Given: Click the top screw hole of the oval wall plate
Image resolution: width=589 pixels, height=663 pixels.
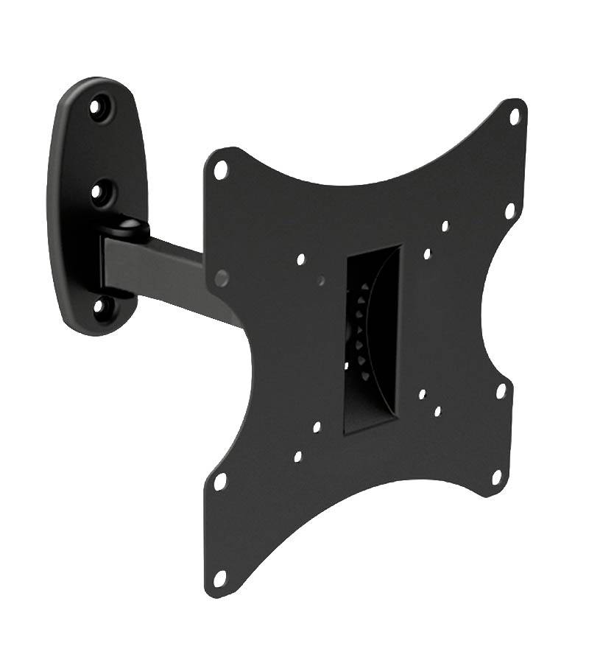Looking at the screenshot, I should pyautogui.click(x=96, y=108).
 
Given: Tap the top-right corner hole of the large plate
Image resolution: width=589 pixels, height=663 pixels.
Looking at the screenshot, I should pyautogui.click(x=515, y=116).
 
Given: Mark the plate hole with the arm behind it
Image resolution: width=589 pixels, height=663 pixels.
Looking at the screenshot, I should pyautogui.click(x=222, y=278).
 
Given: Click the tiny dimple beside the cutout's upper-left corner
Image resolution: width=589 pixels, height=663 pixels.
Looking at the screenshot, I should pyautogui.click(x=322, y=280).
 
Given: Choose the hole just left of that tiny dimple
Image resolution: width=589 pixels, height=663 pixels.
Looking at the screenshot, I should pyautogui.click(x=300, y=259).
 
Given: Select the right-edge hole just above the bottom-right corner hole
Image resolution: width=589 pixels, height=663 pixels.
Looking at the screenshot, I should pyautogui.click(x=501, y=391).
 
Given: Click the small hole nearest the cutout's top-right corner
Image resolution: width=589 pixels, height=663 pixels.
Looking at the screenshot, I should pyautogui.click(x=427, y=254).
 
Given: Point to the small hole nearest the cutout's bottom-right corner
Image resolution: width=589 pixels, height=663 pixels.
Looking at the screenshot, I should pyautogui.click(x=423, y=395).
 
